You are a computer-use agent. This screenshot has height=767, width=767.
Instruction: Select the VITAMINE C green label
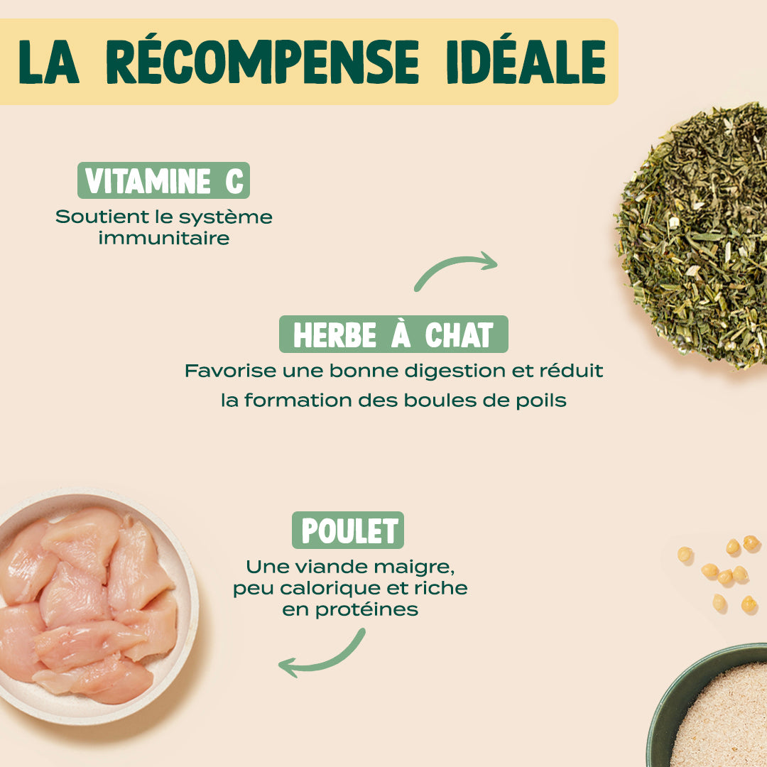point(163,181)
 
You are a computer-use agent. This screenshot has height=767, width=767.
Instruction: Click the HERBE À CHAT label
point(393,334)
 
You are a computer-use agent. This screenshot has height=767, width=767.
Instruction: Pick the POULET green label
point(348,531)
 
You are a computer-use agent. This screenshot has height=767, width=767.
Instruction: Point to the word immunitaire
point(164,238)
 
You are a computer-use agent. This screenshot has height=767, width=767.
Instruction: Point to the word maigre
point(415,568)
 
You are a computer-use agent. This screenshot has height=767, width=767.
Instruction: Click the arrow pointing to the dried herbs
point(456,271)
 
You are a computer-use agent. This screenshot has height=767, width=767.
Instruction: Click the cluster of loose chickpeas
point(724,572)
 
